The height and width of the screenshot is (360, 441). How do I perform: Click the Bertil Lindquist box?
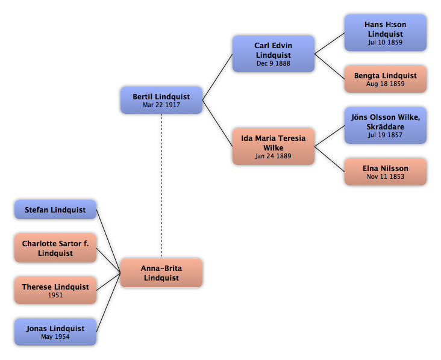tap(161, 100)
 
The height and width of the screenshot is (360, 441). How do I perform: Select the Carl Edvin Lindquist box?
tap(274, 54)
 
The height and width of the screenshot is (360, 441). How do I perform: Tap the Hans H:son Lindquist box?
tap(386, 33)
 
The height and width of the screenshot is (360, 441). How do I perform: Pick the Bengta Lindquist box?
tap(386, 79)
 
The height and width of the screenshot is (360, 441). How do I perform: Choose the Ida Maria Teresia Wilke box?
tap(274, 146)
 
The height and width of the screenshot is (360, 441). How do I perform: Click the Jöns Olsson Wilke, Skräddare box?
tap(386, 125)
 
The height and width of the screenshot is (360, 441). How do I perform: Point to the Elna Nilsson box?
tap(386, 172)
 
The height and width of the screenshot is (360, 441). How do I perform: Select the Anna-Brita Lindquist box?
tap(161, 273)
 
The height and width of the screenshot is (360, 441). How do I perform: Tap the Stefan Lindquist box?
tap(55, 209)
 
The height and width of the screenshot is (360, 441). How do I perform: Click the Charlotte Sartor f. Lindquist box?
tap(55, 248)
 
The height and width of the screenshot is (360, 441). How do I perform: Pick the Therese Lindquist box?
tap(55, 290)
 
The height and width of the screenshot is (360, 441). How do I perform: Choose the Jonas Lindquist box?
tap(55, 332)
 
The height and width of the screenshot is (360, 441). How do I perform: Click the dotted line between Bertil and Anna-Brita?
tap(161, 185)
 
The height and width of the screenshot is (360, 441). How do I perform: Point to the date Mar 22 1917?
tap(161, 105)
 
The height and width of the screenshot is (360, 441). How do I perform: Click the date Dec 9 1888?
tap(274, 63)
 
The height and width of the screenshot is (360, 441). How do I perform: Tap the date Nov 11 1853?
tap(386, 176)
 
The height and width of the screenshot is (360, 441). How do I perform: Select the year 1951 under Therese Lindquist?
tap(55, 295)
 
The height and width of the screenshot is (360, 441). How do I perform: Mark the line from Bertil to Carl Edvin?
tap(217, 77)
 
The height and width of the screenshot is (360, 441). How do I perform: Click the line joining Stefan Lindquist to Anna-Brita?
tap(108, 241)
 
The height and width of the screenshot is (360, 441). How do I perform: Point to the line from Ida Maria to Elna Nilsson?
tap(330, 159)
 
